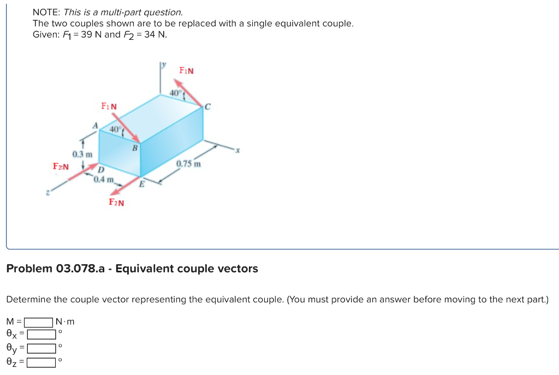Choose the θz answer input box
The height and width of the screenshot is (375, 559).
(x=42, y=361)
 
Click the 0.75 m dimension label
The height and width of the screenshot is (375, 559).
(x=189, y=164)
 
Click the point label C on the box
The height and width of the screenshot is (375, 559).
(x=208, y=106)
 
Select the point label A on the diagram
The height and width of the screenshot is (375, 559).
(x=94, y=126)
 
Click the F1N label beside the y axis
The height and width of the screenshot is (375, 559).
(x=187, y=71)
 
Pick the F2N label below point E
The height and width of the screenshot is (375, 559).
(x=116, y=203)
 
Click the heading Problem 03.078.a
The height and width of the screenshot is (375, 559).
(x=132, y=269)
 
